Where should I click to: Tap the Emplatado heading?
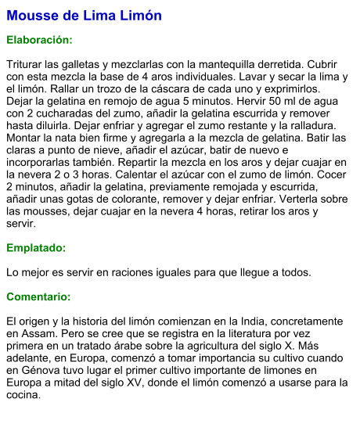[x=36, y=248]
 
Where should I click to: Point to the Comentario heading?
[x=38, y=297]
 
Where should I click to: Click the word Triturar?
[x=27, y=63]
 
